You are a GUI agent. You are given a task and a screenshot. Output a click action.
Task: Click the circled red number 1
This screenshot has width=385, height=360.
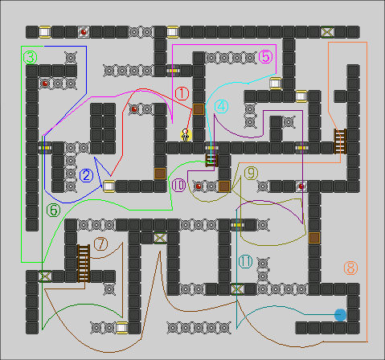pyautogui.click(x=182, y=94)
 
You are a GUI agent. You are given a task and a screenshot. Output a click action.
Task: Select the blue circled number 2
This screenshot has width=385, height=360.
pyautogui.click(x=87, y=175)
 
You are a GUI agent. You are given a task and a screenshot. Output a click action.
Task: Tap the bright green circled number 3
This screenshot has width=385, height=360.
pyautogui.click(x=30, y=58)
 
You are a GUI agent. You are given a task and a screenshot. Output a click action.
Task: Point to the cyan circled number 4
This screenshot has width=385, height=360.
pyautogui.click(x=222, y=106)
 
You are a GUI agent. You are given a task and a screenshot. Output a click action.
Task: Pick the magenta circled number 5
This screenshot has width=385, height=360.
pyautogui.click(x=266, y=57)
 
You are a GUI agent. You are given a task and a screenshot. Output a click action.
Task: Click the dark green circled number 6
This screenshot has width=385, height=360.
pyautogui.click(x=54, y=211)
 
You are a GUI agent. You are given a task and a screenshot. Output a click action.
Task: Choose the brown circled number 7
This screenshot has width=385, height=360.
pyautogui.click(x=101, y=244)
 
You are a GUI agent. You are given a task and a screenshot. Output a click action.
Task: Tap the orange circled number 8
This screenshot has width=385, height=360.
pyautogui.click(x=350, y=268)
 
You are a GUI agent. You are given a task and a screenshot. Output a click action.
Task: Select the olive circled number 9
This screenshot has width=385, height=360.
pyautogui.click(x=251, y=173)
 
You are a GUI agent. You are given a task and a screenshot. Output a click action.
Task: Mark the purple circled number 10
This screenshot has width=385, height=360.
pyautogui.click(x=178, y=185)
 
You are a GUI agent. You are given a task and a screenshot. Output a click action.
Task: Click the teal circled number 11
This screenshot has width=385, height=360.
pyautogui.click(x=245, y=262)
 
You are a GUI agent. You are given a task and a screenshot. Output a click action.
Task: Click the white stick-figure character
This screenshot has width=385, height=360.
pyautogui.click(x=186, y=135)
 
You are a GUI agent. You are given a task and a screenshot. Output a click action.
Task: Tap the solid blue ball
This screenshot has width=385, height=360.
pyautogui.click(x=340, y=315)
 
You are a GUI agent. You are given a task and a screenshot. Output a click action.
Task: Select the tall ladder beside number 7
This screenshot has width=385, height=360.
pyautogui.click(x=84, y=264)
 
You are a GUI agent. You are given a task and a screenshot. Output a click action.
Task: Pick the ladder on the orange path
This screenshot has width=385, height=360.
pyautogui.click(x=340, y=141)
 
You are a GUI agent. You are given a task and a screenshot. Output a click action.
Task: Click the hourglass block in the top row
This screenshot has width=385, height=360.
pyautogui.click(x=327, y=32)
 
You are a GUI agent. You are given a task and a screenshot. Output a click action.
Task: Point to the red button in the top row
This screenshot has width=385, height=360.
pyautogui.click(x=84, y=32)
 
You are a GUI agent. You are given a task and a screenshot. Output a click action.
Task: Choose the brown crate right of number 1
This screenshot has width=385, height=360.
pyautogui.click(x=199, y=109)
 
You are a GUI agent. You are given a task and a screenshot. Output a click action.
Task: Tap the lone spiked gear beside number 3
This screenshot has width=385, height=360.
pyautogui.click(x=71, y=58)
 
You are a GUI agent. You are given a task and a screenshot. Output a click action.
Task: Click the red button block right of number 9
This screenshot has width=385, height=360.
pyautogui.click(x=301, y=186)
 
